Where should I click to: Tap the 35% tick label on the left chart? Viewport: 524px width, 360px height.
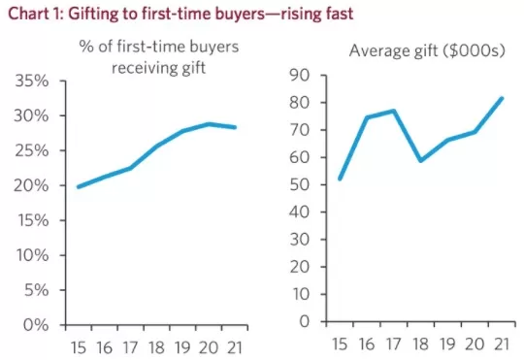coord(31,81)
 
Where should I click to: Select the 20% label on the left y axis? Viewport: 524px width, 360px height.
coord(31,185)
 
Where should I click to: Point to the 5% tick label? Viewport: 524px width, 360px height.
coord(36,290)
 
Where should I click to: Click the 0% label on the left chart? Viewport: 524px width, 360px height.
coord(36,325)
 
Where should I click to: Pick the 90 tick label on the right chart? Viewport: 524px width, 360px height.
coord(300,76)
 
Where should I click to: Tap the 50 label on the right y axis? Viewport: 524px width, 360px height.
coord(300,184)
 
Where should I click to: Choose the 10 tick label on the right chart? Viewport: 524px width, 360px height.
coord(301,294)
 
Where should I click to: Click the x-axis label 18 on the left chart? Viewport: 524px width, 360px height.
coord(156,348)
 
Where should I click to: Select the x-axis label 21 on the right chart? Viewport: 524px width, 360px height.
coord(502,344)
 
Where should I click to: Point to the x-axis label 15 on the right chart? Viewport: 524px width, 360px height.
coord(340,344)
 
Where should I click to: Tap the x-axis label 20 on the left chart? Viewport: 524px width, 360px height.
coord(209,348)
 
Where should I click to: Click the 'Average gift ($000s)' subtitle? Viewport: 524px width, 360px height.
coord(427,51)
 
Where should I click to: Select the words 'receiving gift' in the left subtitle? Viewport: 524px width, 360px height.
coord(158,68)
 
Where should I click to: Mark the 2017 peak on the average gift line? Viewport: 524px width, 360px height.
coord(394,111)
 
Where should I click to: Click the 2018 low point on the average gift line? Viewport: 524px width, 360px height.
coord(421,160)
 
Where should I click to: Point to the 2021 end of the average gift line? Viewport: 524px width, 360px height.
coord(502,98)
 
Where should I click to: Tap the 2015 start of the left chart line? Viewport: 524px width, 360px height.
coord(79,187)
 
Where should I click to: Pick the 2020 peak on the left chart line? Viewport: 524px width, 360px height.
coord(209,124)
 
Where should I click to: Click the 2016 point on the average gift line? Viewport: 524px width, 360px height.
coord(367,117)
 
